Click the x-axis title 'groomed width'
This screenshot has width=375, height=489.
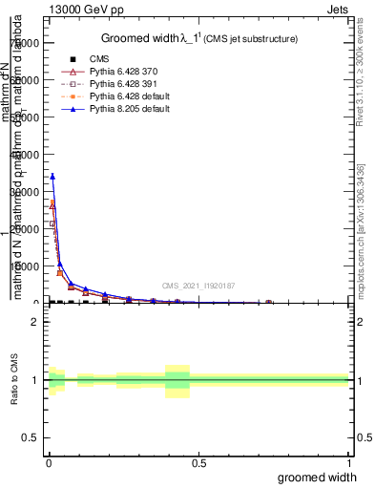pyautogui.click(x=318, y=477)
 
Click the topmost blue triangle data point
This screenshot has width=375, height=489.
pyautogui.click(x=52, y=176)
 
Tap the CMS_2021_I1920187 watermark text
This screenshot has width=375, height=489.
pyautogui.click(x=198, y=286)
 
